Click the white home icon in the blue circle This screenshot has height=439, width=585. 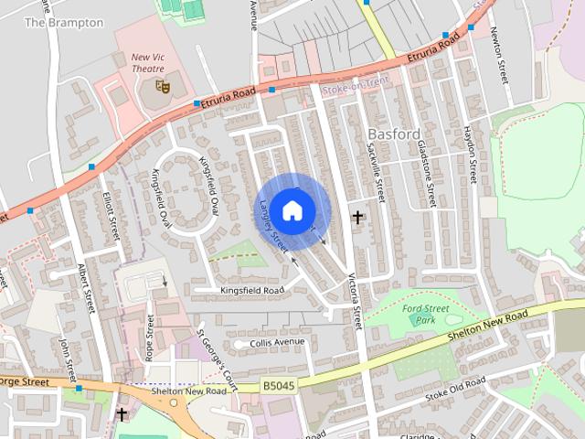tap(292, 210)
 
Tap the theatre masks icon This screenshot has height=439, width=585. tap(163, 86)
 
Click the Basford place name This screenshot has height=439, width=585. tap(394, 134)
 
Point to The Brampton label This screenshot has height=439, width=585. tap(63, 22)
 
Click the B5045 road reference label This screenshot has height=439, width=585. tap(277, 386)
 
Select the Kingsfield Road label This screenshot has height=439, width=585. tap(252, 290)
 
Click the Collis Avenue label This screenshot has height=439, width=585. tap(277, 342)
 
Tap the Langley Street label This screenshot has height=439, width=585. tap(273, 226)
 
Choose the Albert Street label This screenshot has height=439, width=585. tap(88, 288)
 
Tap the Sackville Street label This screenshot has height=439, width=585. tap(376, 170)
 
